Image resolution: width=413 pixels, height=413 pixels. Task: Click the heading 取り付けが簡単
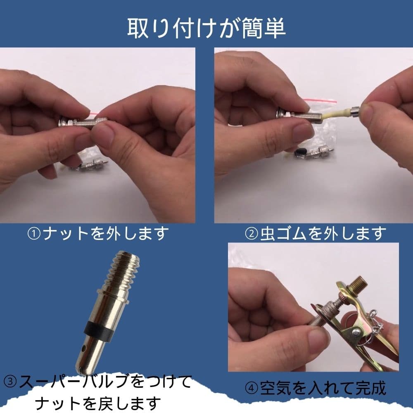coord(206,28)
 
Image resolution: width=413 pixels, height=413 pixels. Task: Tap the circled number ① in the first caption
coord(34,234)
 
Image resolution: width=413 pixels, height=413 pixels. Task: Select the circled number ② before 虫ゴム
coord(252,234)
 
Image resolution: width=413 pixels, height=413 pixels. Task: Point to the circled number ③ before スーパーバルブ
coord(10,382)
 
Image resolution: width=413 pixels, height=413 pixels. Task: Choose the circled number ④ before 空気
coord(252,388)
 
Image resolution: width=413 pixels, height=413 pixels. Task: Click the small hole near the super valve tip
coord(84,349)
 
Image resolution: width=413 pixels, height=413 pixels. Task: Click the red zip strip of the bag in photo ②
coord(320,100)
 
